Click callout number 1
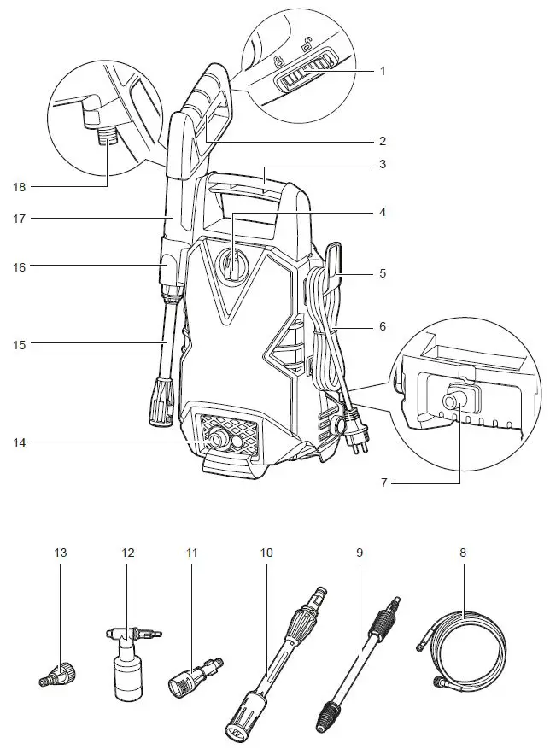pos(383,71)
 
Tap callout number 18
pos(20,185)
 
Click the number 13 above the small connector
pos(61,553)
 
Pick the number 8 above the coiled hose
pos(463,553)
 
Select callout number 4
pos(383,210)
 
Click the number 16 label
pos(20,266)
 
